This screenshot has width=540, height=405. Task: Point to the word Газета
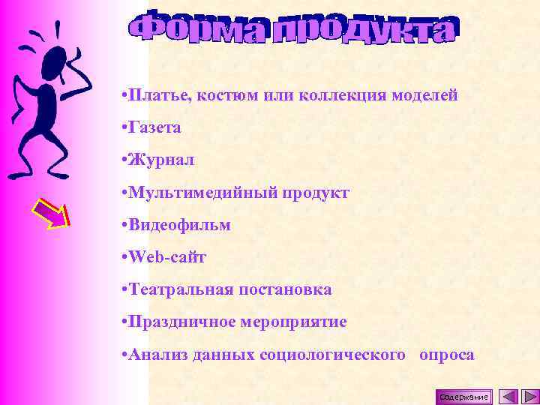154,128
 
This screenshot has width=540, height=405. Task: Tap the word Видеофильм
179,225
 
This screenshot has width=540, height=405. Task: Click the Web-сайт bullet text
167,257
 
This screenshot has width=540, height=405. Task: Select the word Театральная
176,289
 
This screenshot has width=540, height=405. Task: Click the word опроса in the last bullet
447,355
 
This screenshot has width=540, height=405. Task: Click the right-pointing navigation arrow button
529,396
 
